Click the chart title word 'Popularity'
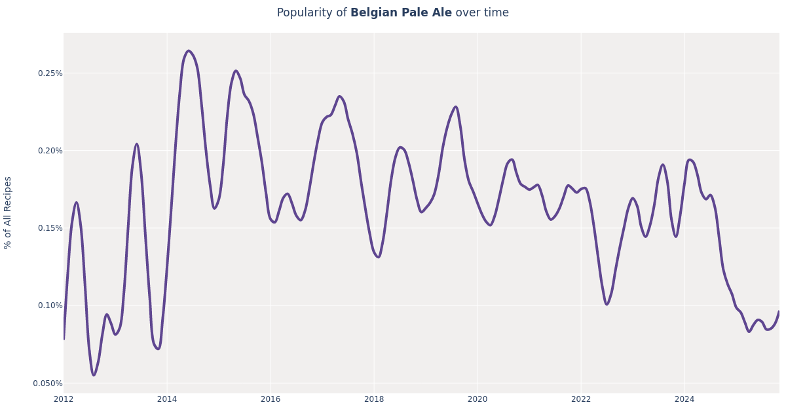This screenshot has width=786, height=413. (312, 13)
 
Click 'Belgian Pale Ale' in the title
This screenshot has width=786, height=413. (401, 13)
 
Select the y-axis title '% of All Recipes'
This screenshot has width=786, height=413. (8, 212)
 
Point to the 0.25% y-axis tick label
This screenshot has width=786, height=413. (50, 73)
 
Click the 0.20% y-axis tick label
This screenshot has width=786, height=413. (50, 151)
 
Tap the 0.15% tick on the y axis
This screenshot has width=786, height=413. (50, 228)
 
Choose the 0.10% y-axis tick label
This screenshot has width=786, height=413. (50, 305)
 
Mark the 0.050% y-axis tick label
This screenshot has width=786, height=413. (48, 383)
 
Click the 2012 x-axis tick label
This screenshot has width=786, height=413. (64, 399)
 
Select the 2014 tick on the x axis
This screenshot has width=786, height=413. (167, 399)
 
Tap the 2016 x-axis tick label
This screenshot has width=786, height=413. (271, 399)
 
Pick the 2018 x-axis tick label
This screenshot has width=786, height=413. (374, 399)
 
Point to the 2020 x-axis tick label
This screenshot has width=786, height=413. (477, 399)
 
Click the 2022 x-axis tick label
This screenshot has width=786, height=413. (581, 399)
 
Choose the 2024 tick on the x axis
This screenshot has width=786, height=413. (684, 399)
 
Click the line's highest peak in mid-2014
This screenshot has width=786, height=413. (188, 50)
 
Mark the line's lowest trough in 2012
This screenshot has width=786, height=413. (94, 375)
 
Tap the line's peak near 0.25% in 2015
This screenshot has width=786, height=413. (236, 71)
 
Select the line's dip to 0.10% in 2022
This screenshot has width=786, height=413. (607, 304)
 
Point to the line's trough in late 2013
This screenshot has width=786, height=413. (158, 349)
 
